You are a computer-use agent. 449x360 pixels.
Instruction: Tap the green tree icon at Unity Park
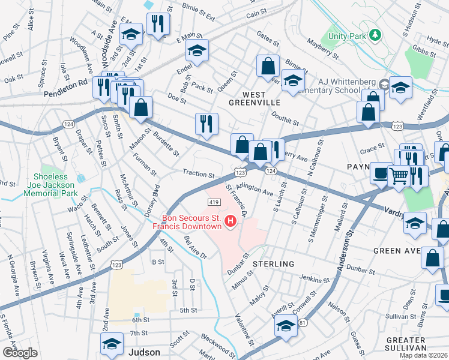coord(375,35)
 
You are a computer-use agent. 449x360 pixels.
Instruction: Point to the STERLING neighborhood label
coord(273,264)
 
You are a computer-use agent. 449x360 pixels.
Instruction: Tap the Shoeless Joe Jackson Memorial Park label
coord(55,185)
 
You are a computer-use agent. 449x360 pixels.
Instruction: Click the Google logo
coord(20,352)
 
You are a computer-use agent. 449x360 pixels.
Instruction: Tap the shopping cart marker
coord(398,176)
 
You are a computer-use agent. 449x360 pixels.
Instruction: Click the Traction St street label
coord(198,175)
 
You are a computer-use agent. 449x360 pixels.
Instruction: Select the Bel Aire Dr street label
coord(196,247)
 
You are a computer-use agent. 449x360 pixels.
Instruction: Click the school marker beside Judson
coord(112,344)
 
